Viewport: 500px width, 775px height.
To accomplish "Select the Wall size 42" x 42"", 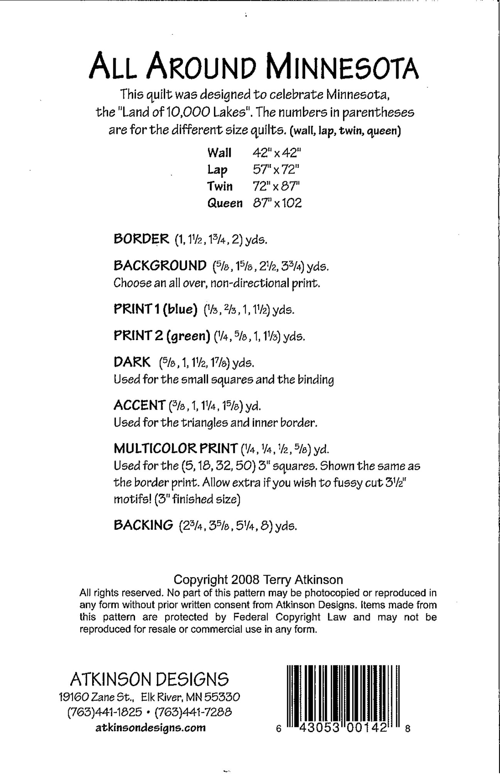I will pyautogui.click(x=276, y=153).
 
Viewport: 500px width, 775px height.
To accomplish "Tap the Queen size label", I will pyautogui.click(x=225, y=203).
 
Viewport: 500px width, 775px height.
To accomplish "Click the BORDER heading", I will pyautogui.click(x=141, y=239).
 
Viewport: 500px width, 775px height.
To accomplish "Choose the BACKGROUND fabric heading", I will pyautogui.click(x=160, y=266).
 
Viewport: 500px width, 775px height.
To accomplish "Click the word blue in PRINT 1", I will pyautogui.click(x=181, y=310).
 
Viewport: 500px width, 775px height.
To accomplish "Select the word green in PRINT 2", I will pyautogui.click(x=188, y=336).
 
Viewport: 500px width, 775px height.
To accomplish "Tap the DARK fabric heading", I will pyautogui.click(x=132, y=362).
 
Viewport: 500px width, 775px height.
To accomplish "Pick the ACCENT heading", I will pyautogui.click(x=139, y=405).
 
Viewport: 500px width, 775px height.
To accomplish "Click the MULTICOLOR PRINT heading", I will pyautogui.click(x=176, y=448).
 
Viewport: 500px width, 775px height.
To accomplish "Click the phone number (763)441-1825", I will pyautogui.click(x=105, y=712).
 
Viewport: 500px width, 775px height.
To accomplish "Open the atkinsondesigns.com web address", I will pyautogui.click(x=150, y=728).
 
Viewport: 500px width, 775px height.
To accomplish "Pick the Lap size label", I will pyautogui.click(x=217, y=170).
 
